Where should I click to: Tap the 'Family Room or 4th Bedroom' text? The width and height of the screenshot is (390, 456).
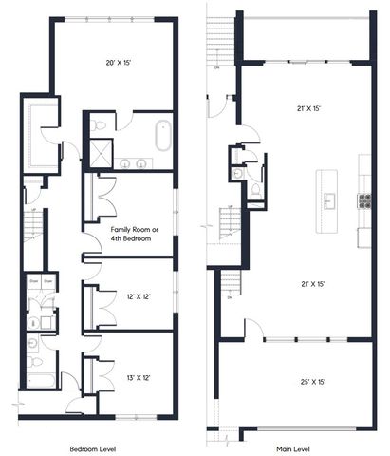coord(132,235)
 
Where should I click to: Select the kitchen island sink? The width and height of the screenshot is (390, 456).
coord(329,199)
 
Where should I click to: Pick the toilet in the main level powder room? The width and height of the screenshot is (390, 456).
coord(255,190)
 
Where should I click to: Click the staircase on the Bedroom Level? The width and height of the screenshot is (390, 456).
coord(31,226)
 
